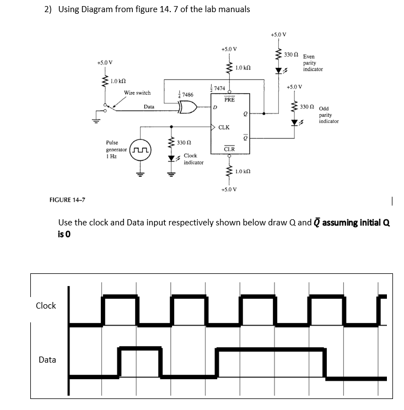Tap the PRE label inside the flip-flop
(229, 100)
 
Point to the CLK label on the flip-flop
(224, 127)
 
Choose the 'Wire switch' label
(137, 93)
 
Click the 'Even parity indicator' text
(313, 63)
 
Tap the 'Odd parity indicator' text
(328, 115)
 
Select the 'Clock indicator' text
(193, 159)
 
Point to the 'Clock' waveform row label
(46, 306)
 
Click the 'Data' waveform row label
(47, 360)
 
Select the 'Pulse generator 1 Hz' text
(114, 149)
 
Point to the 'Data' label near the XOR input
(149, 106)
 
